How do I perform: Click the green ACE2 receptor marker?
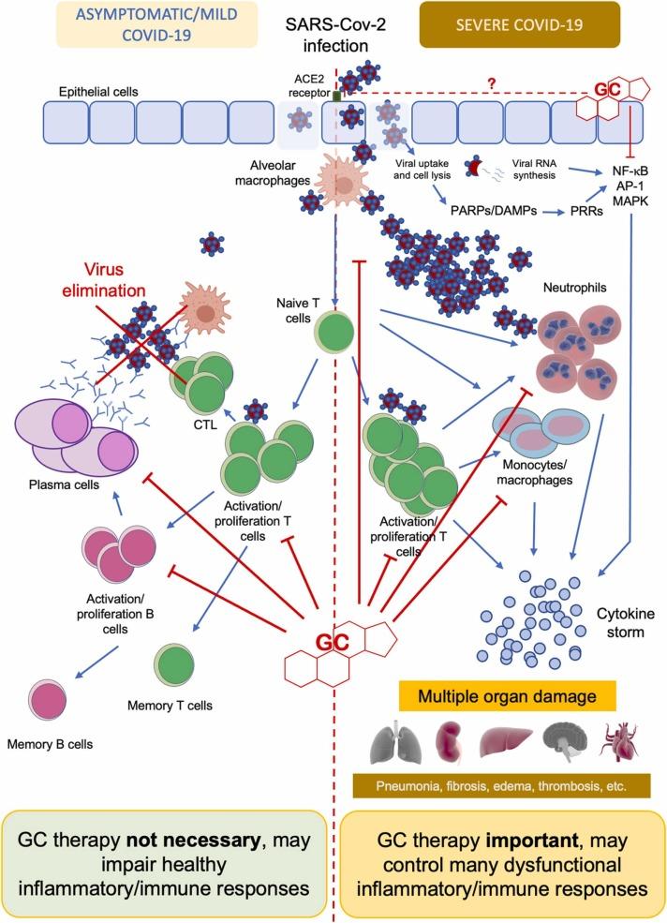(336, 94)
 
